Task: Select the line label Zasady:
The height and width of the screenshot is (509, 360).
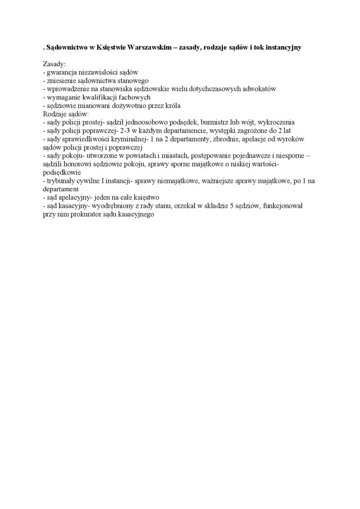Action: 54,64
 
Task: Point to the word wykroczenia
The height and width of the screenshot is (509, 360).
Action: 276,122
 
